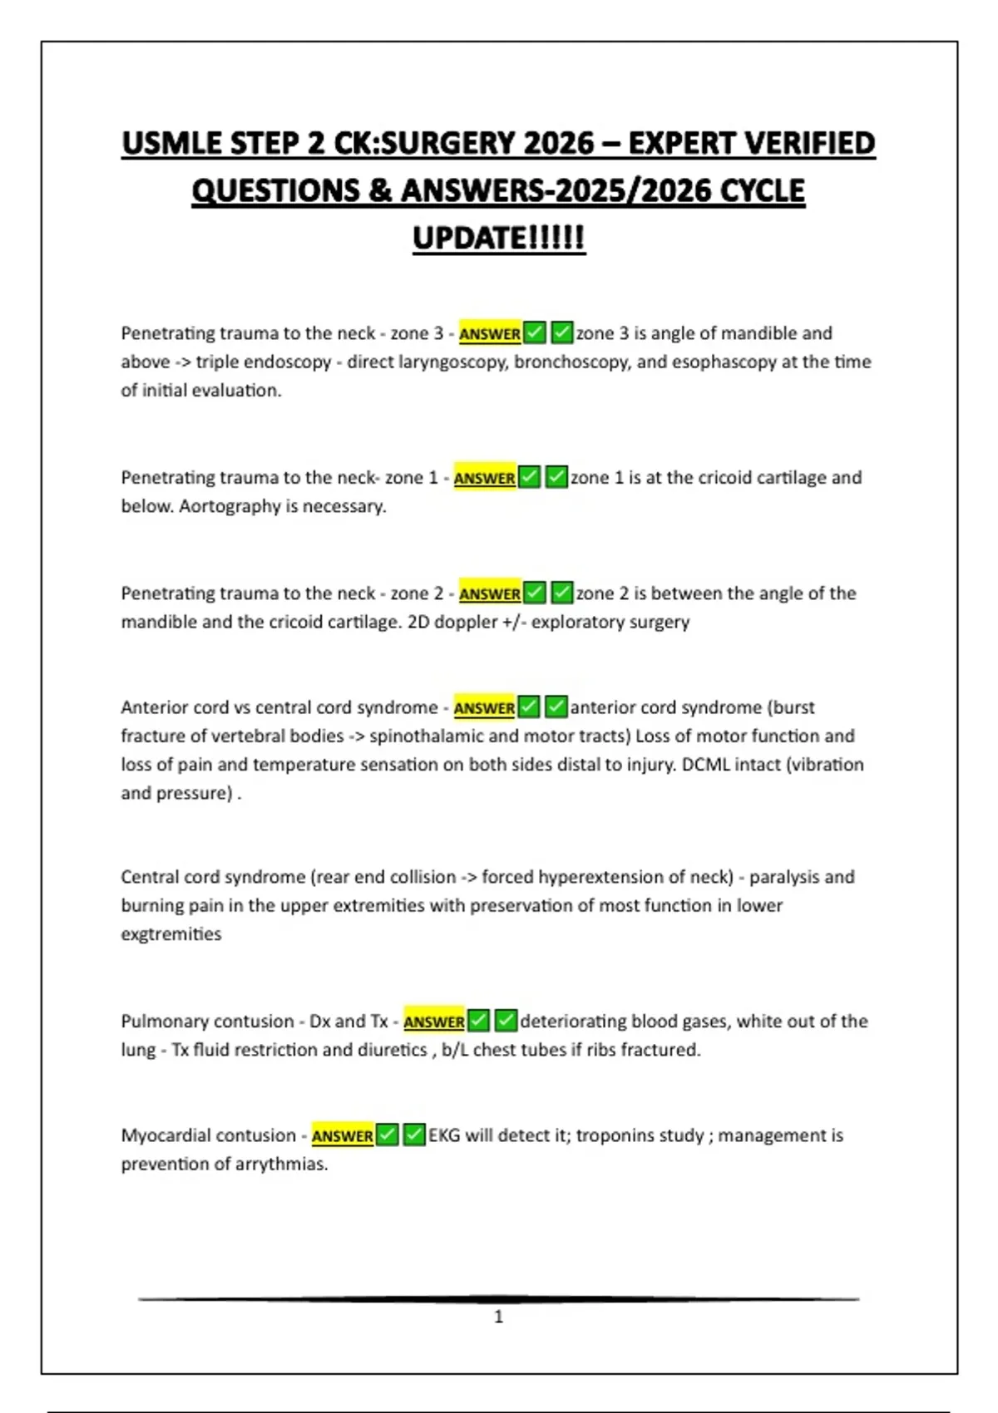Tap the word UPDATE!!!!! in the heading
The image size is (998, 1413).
[499, 239]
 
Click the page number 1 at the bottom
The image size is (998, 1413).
[499, 1317]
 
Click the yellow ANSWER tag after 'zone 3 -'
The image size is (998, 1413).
[490, 334]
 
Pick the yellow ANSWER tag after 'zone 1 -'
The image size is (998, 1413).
[484, 479]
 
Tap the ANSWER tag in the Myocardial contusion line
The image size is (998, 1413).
[342, 1136]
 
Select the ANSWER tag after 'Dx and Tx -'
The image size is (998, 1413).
[434, 1022]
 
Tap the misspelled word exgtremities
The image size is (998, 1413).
[171, 934]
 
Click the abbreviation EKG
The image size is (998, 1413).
[444, 1135]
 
